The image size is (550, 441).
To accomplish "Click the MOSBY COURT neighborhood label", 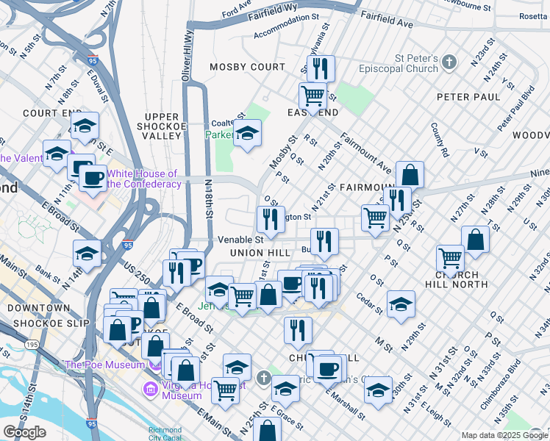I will pyautogui.click(x=247, y=67).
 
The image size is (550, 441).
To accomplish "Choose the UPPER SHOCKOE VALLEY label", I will pyautogui.click(x=162, y=126).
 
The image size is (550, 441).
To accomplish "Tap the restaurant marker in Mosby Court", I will pyautogui.click(x=321, y=69).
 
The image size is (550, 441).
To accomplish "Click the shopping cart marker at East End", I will pyautogui.click(x=313, y=96).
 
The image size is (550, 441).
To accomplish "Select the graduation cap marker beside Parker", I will pyautogui.click(x=247, y=134).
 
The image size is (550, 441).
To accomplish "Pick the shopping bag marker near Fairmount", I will pyautogui.click(x=410, y=175).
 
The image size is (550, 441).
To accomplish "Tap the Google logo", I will pyautogui.click(x=24, y=431).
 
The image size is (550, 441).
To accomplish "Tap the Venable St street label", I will pyautogui.click(x=240, y=240).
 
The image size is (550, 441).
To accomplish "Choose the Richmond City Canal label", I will pyautogui.click(x=165, y=434).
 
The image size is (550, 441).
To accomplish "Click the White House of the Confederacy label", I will pyautogui.click(x=143, y=179).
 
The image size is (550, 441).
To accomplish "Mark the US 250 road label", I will pyautogui.click(x=136, y=271).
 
